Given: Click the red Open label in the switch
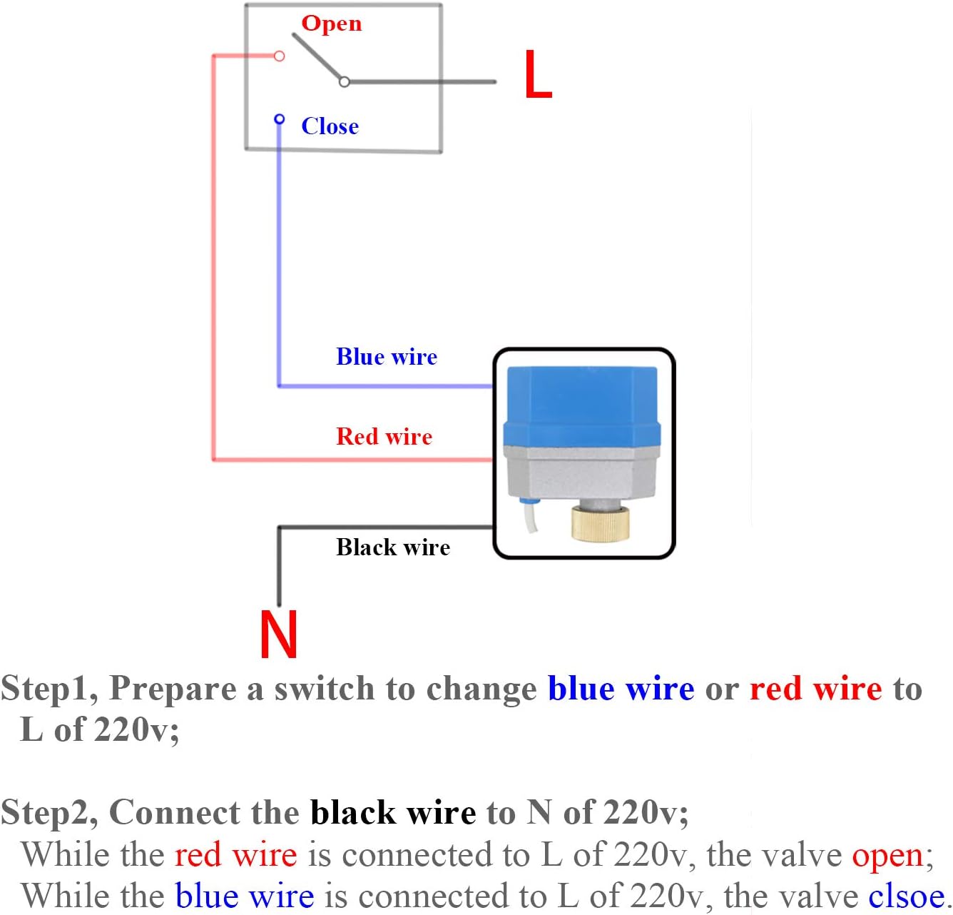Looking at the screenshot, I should [x=331, y=24].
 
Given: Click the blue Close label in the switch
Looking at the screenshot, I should [x=330, y=126].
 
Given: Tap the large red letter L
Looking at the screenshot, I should [x=537, y=74].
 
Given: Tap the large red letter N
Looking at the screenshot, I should [x=278, y=634].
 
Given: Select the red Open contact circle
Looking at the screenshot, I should [x=280, y=56].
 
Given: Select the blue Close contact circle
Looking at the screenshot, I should [x=279, y=118].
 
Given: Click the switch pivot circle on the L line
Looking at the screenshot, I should [x=344, y=82].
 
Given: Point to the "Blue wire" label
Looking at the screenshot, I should [x=386, y=357].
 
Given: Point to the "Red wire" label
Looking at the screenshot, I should [x=384, y=436].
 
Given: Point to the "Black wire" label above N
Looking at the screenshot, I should [x=393, y=547].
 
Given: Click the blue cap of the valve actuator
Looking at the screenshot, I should [x=581, y=403].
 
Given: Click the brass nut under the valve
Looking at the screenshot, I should [x=600, y=523].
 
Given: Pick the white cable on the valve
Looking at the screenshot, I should [x=531, y=517].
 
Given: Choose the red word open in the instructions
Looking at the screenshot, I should [x=887, y=855].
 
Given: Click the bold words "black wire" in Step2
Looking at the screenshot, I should [x=393, y=812].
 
